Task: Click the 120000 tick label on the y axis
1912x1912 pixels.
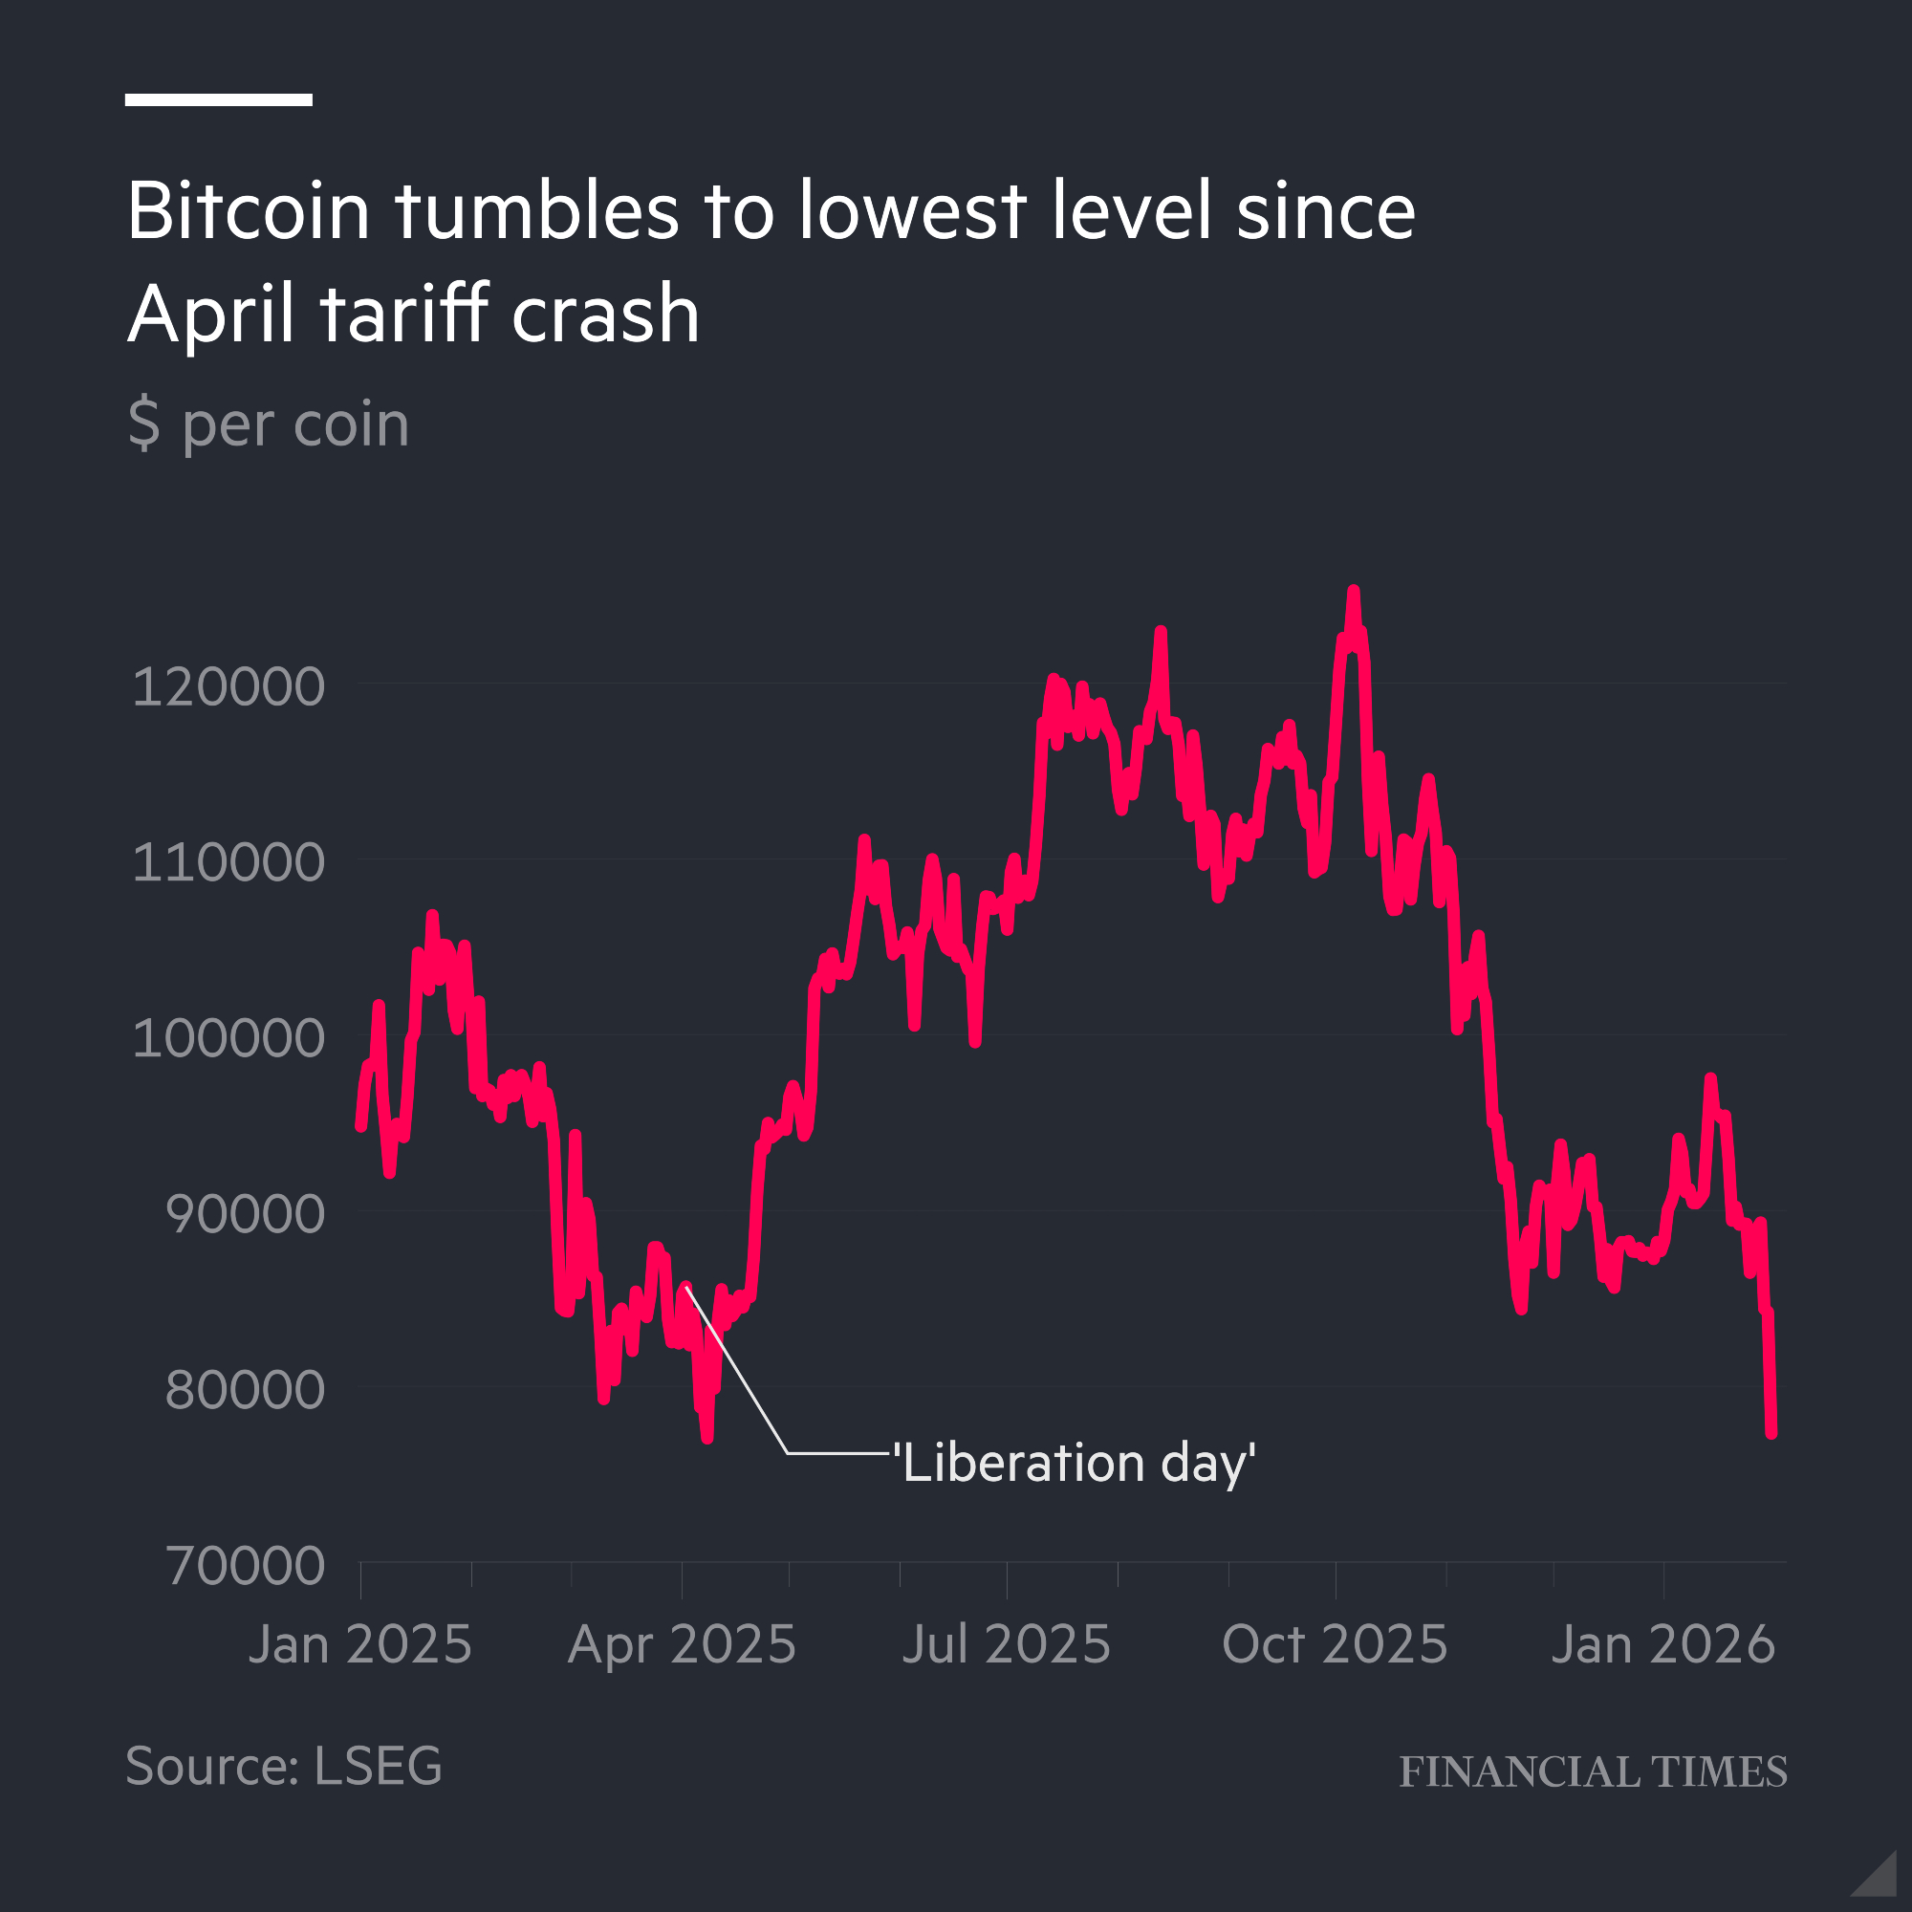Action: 228,686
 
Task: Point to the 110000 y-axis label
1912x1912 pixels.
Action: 228,862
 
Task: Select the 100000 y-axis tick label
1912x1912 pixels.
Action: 228,1038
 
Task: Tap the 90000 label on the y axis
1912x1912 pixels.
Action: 245,1214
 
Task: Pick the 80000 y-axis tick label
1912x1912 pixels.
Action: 245,1389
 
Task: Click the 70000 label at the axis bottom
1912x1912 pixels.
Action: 245,1566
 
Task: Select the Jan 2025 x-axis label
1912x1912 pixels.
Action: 360,1644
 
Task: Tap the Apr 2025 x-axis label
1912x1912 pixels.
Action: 682,1644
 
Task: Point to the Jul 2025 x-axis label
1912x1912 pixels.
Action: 1007,1644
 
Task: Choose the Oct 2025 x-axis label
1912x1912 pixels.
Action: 1334,1644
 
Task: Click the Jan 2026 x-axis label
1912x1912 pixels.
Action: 1662,1644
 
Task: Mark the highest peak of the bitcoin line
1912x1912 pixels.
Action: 1353,592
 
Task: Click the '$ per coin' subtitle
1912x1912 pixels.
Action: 269,424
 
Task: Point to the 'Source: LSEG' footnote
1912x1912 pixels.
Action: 284,1766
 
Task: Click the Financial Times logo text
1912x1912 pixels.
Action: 1593,1771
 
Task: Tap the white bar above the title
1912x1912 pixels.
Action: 219,100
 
